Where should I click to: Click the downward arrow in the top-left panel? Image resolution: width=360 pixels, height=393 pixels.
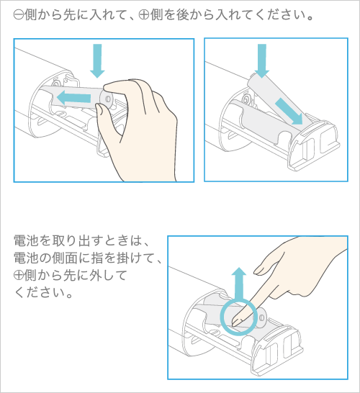[97, 60]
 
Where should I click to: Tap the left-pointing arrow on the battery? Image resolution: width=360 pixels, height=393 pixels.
[73, 98]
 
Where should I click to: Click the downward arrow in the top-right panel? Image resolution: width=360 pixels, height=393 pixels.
[262, 60]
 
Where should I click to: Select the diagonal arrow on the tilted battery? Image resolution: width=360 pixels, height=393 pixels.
[289, 111]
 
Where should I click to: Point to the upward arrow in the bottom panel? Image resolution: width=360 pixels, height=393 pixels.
[238, 283]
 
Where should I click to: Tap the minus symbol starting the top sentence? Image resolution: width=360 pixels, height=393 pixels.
[19, 16]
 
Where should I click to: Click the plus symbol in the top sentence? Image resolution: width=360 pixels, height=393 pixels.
[144, 16]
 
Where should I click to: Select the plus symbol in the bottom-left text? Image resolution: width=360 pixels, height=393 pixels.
[19, 276]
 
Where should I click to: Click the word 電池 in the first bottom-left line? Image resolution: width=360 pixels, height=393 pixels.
[26, 240]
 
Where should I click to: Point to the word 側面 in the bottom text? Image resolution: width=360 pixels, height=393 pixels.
[64, 258]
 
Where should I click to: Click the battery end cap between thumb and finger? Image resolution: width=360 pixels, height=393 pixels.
[106, 99]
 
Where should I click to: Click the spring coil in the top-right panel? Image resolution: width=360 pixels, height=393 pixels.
[246, 99]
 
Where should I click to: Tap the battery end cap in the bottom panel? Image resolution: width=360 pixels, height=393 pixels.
[260, 318]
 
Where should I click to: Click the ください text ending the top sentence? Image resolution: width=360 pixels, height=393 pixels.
[283, 16]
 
